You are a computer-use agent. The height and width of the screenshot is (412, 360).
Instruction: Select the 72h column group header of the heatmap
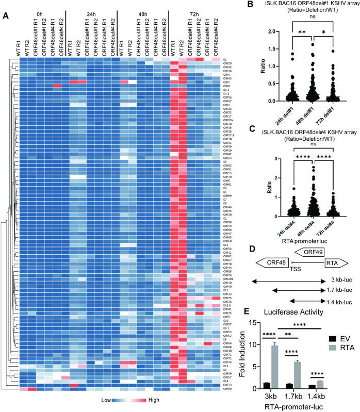(193, 15)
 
